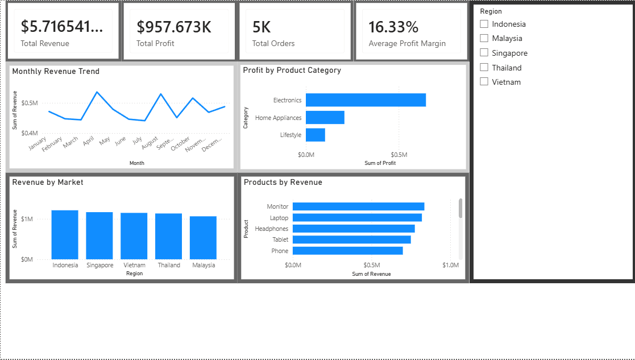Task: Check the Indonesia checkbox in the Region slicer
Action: point(484,24)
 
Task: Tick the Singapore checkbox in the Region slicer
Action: point(484,53)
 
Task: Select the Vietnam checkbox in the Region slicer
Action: point(484,82)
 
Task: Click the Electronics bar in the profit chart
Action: point(366,100)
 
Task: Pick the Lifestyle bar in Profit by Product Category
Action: point(316,135)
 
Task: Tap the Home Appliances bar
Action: point(325,117)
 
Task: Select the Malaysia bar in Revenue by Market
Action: point(204,238)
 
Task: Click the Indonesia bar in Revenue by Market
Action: point(65,235)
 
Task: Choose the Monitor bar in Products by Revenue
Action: point(358,206)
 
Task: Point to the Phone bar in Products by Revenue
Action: point(348,251)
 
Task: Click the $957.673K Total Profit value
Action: point(174,27)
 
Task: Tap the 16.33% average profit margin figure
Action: point(393,27)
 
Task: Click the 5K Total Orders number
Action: point(262,27)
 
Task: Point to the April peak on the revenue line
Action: point(97,92)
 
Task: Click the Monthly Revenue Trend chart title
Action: point(56,71)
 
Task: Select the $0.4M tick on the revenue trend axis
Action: point(30,133)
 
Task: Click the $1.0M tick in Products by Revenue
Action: point(450,265)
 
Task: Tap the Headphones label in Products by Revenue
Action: point(271,229)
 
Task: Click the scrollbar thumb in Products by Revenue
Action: point(460,208)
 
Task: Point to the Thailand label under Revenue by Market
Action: point(169,265)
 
